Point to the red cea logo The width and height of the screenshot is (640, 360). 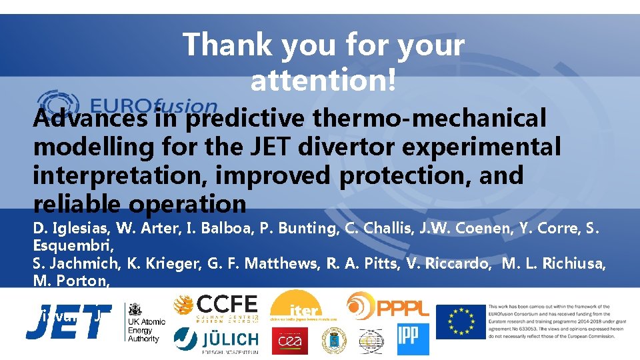[x=289, y=340]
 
